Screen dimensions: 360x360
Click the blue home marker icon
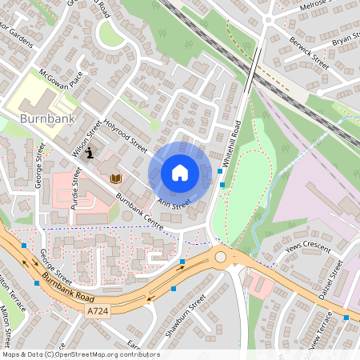(180, 173)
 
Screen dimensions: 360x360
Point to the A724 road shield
(97, 310)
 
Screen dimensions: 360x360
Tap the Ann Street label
(174, 205)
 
